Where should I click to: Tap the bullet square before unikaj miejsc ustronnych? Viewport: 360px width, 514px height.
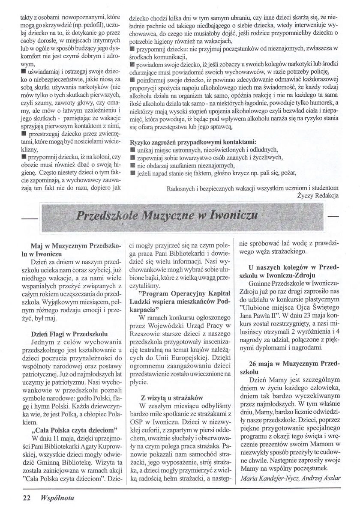[x=132, y=149]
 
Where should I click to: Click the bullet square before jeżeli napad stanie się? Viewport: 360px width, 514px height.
[x=132, y=173]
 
